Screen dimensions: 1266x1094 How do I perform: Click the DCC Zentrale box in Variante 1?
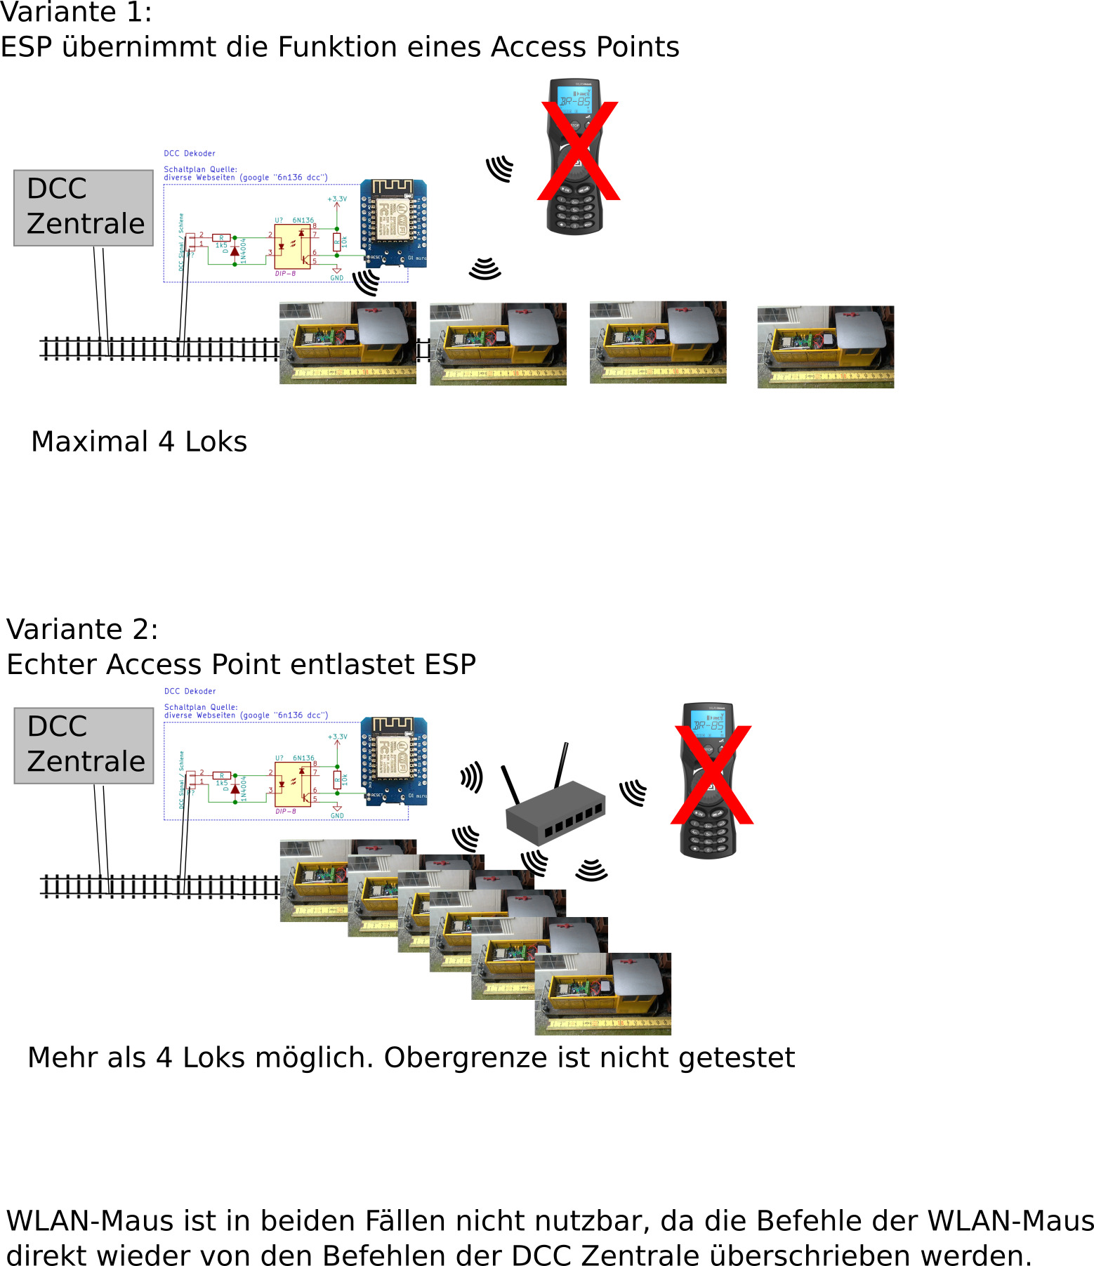pos(84,208)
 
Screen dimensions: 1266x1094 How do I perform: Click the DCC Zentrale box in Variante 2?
pos(84,746)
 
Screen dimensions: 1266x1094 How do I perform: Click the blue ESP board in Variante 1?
pos(393,223)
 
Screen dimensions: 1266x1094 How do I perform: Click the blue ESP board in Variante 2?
pos(393,761)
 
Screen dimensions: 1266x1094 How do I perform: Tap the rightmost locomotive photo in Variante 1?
pos(826,347)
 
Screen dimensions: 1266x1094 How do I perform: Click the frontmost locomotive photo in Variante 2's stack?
pos(602,994)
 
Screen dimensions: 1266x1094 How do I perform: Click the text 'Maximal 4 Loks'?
pos(139,442)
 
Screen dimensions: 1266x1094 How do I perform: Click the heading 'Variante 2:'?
pos(82,629)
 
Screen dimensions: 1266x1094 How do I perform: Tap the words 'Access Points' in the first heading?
pos(585,47)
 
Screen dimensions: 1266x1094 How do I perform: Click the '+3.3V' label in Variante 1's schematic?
pos(337,199)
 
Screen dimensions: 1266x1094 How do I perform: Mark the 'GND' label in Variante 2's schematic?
pos(337,816)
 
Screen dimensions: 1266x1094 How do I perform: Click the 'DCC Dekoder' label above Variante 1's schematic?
pos(190,153)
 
